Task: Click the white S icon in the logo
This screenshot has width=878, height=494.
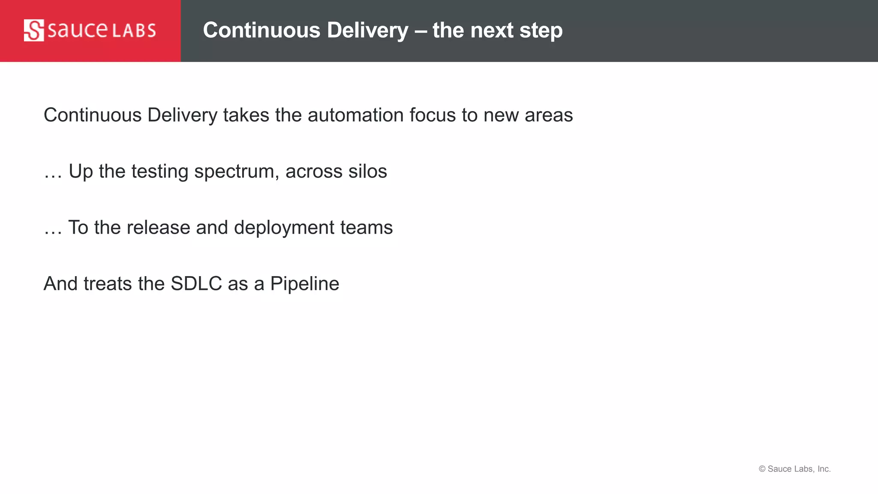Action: click(x=34, y=30)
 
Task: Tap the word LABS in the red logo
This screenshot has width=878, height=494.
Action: click(x=134, y=31)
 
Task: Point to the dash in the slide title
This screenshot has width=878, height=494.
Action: click(x=420, y=31)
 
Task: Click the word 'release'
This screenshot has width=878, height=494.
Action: click(x=158, y=228)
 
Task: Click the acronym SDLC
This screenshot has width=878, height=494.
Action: click(x=196, y=284)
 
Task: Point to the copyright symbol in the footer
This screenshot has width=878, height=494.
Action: click(x=762, y=469)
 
